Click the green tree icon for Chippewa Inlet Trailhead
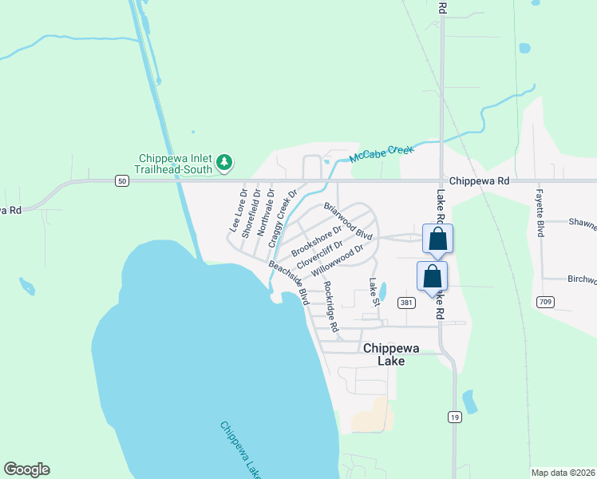point(225,163)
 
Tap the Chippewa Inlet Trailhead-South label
point(176,163)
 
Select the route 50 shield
point(121,181)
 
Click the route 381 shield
point(406,303)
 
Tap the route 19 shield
point(454,417)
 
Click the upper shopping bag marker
point(437,239)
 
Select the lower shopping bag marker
point(432,276)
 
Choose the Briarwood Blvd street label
point(348,221)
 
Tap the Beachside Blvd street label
point(289,282)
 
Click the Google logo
point(26,469)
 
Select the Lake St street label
point(373,291)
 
